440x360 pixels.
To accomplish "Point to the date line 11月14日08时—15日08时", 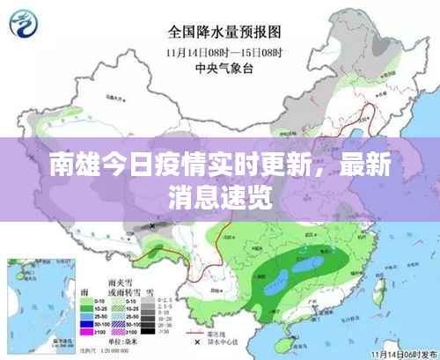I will pyautogui.click(x=224, y=51).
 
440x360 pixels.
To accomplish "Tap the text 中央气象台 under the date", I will pyautogui.click(x=224, y=65).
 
